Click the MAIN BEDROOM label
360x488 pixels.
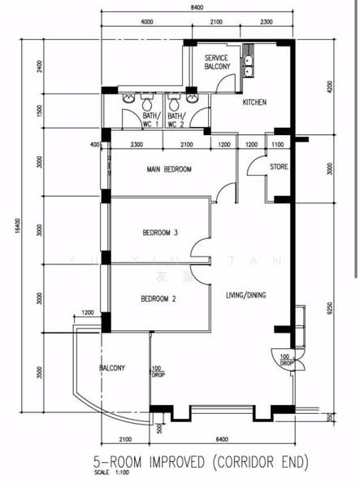click(x=169, y=169)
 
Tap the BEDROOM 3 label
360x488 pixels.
click(x=160, y=233)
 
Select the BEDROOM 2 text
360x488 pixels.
click(x=158, y=298)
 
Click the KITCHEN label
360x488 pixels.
click(x=256, y=102)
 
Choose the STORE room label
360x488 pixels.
click(x=279, y=168)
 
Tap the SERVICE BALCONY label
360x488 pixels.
click(x=217, y=63)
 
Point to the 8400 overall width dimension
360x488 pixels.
click(x=197, y=7)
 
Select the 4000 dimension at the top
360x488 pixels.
click(x=147, y=22)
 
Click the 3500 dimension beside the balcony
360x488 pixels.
click(x=40, y=373)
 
